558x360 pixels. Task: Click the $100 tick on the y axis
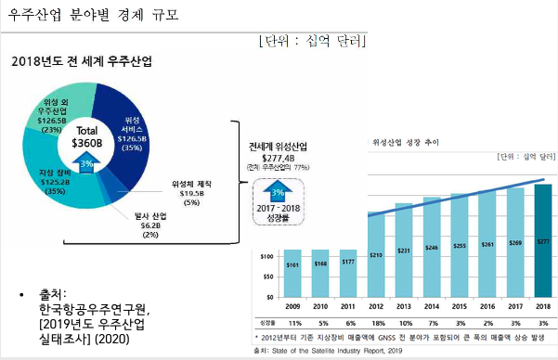[266, 255]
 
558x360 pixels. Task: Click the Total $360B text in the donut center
[86, 137]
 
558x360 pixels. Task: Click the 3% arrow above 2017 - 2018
[278, 192]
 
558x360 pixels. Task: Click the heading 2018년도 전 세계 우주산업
[82, 60]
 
